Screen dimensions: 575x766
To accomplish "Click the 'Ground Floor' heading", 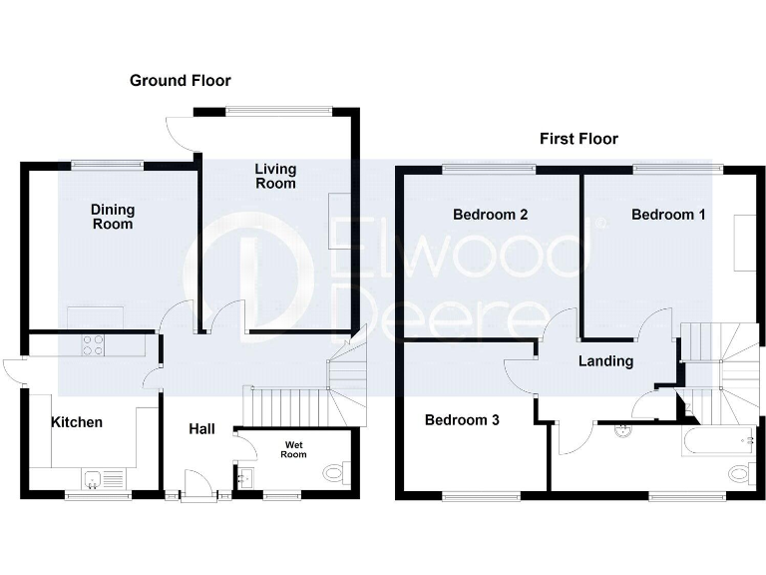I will click(x=181, y=80).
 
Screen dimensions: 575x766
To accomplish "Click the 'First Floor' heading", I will click(x=578, y=139).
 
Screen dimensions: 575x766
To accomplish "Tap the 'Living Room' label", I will click(x=275, y=176).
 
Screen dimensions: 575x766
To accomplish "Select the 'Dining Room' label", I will click(x=112, y=217).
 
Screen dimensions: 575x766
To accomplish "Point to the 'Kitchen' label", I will click(x=77, y=422).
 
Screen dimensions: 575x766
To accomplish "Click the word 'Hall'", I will click(x=202, y=429).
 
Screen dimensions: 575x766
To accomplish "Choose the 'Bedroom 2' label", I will click(x=490, y=215).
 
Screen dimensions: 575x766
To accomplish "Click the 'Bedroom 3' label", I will click(x=462, y=420).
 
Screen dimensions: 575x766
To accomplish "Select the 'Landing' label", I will click(x=605, y=361).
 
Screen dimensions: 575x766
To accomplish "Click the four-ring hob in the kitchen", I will click(x=93, y=344).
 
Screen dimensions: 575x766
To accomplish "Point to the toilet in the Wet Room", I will click(x=334, y=470).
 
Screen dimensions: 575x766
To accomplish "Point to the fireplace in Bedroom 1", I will click(x=744, y=243).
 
